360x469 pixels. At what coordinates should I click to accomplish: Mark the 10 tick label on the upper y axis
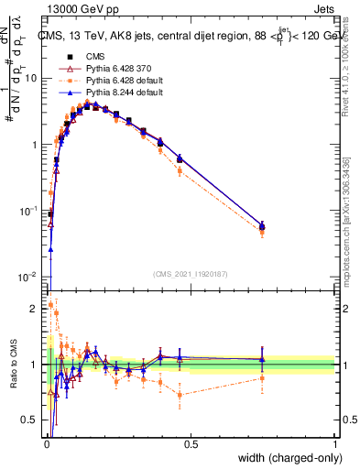click(x=31, y=78)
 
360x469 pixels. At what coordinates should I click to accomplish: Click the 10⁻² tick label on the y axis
click(x=29, y=278)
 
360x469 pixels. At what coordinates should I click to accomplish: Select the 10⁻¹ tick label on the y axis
click(x=29, y=211)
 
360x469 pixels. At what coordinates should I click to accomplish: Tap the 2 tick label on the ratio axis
click(x=36, y=309)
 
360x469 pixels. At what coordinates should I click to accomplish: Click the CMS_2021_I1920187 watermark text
click(x=190, y=273)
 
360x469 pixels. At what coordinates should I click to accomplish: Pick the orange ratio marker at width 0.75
click(x=262, y=377)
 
